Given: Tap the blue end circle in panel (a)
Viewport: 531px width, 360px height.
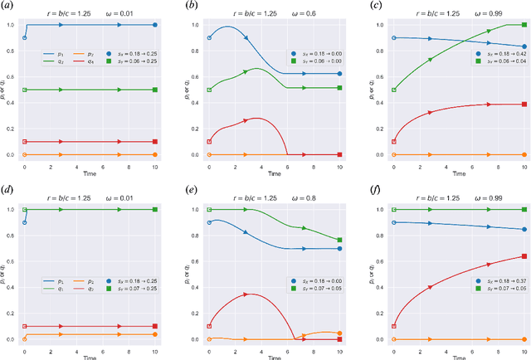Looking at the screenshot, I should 154,25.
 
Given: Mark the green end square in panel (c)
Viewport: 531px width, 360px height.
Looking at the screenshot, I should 524,25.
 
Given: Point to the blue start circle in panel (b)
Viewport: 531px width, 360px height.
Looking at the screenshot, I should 208,38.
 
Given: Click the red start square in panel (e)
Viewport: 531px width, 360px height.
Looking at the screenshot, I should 208,326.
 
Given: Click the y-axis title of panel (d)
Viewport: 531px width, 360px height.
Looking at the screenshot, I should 5,274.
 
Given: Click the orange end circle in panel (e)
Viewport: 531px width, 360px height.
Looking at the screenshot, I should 339,333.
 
